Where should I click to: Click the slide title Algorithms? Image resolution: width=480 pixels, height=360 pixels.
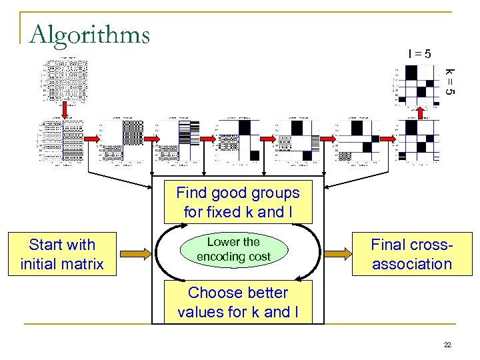[90, 33]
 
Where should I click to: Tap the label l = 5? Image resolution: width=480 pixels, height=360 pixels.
[419, 53]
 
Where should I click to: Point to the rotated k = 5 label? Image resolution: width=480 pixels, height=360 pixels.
[450, 81]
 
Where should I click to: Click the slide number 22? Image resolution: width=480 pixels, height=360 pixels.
[447, 344]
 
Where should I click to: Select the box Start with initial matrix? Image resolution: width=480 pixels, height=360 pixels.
[62, 254]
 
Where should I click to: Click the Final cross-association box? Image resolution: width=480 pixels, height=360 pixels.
[411, 254]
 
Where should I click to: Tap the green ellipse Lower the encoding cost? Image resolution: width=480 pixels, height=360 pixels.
[233, 249]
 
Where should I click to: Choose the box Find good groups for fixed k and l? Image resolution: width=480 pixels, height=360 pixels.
[238, 203]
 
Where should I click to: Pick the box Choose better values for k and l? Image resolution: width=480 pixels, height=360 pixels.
[238, 302]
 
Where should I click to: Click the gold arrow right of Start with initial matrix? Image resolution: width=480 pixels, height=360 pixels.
[133, 254]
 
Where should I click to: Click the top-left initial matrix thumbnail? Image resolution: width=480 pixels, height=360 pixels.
[65, 80]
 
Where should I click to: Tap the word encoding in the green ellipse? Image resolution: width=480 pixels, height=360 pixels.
[223, 257]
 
